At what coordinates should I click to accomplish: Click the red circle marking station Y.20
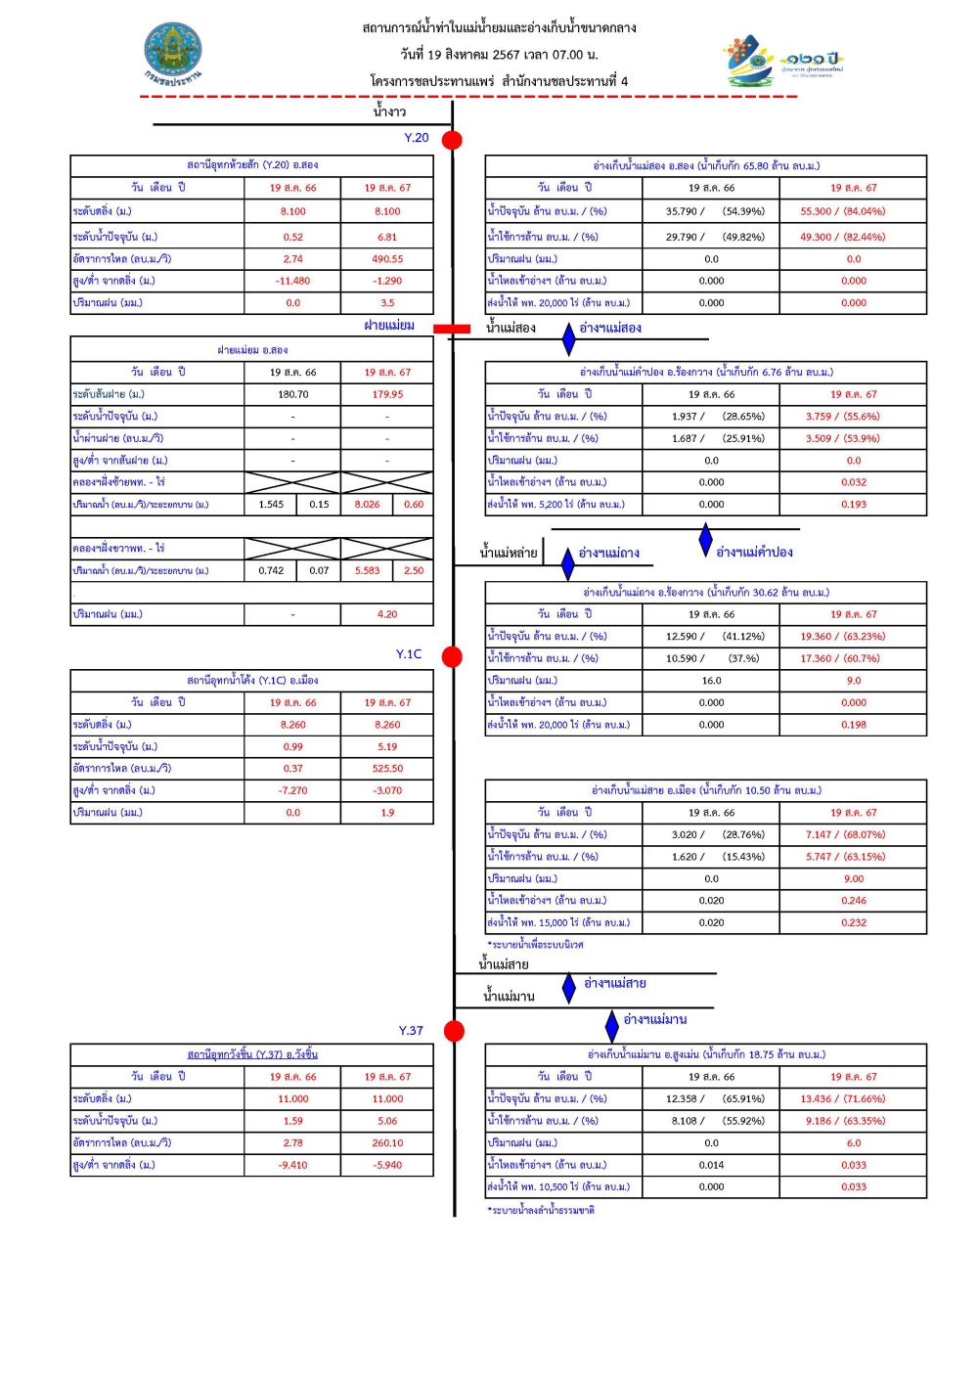(452, 140)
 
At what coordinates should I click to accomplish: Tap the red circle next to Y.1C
(452, 656)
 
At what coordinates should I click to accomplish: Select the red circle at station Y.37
(454, 1031)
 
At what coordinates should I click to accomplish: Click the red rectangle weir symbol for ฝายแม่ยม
(452, 329)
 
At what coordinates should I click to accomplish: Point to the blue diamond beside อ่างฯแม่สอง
(569, 338)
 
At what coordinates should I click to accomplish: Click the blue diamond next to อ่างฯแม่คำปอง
(706, 540)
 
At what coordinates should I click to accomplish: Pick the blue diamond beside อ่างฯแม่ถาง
(568, 564)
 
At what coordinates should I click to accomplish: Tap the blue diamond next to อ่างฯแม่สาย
(569, 987)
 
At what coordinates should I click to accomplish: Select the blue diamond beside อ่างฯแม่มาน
(612, 1025)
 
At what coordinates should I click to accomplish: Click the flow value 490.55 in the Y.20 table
(387, 259)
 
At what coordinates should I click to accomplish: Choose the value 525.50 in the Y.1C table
(387, 769)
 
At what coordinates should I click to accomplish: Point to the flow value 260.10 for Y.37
(387, 1142)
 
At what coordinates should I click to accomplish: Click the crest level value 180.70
(292, 394)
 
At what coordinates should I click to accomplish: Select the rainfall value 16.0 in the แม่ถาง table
(711, 681)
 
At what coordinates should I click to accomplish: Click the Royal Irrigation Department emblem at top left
(173, 54)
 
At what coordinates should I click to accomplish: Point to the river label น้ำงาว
(389, 112)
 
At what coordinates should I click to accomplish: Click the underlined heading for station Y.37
(252, 1054)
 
